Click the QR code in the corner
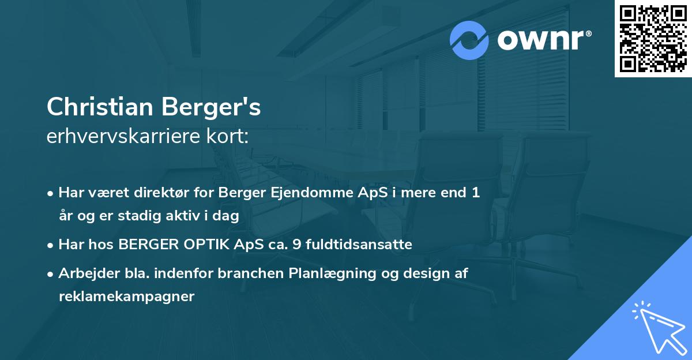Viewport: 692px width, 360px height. click(x=653, y=39)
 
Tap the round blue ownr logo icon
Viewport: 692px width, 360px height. click(x=469, y=40)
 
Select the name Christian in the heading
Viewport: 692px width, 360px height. click(x=101, y=107)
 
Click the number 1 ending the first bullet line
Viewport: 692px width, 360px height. click(x=476, y=193)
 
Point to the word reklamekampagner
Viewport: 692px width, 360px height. click(x=126, y=297)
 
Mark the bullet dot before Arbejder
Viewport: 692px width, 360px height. click(x=51, y=274)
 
